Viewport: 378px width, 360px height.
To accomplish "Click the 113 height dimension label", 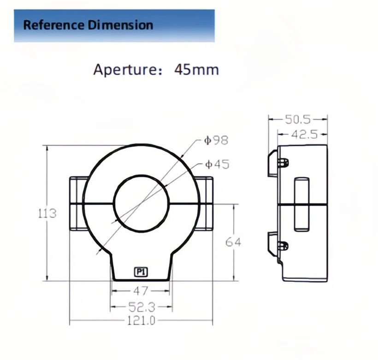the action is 47,213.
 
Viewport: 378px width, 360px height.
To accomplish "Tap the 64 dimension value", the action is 233,242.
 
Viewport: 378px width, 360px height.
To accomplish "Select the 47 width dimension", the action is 141,291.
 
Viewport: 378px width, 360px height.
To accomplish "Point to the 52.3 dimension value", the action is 142,307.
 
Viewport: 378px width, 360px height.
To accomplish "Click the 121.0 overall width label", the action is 141,321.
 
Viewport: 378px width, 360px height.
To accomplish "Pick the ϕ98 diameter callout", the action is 216,140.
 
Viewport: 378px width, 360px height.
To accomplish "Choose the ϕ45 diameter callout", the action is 217,165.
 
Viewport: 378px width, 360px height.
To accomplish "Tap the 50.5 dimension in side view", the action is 298,120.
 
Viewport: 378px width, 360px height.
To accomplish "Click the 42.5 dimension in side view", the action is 304,134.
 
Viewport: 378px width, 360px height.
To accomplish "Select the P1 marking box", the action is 141,272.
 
